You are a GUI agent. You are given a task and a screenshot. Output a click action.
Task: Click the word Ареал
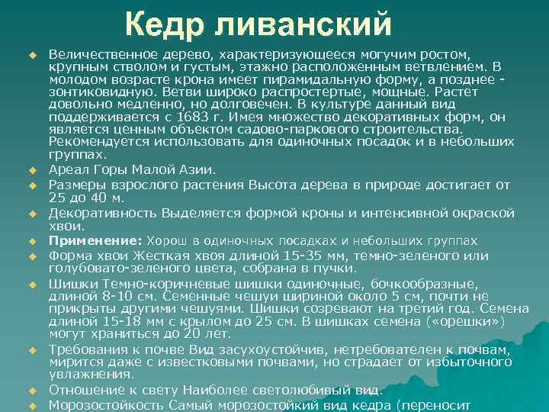click(x=68, y=169)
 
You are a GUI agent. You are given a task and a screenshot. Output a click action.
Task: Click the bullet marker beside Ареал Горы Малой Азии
click(x=33, y=169)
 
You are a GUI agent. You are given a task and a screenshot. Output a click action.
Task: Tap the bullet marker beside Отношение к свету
click(x=33, y=390)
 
